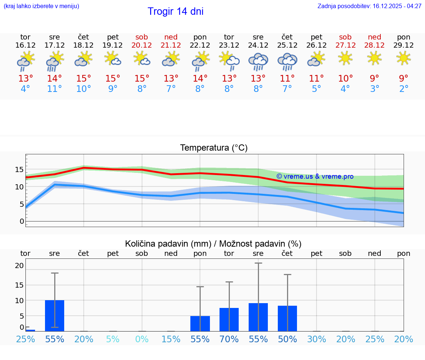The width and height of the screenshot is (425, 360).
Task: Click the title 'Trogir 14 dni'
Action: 175,11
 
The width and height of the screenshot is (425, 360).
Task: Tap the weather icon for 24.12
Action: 258,61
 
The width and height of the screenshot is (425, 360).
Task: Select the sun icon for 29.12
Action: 403,58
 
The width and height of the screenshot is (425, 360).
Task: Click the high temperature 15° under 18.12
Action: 83,79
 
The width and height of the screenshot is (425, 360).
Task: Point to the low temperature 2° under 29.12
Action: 404,89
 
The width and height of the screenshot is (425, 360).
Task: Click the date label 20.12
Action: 142,45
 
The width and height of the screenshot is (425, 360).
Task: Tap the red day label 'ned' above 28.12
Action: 374,37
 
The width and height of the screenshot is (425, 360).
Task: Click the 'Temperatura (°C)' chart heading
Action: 214,148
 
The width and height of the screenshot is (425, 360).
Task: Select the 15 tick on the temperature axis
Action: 19,169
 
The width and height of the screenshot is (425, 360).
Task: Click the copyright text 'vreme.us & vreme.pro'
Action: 315,176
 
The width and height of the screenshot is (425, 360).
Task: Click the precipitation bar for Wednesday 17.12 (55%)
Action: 55,316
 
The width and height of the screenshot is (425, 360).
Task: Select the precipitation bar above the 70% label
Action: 229,319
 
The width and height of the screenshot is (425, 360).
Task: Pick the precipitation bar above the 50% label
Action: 287,318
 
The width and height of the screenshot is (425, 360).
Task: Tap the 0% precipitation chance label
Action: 142,339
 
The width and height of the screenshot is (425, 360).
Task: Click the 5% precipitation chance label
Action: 113,339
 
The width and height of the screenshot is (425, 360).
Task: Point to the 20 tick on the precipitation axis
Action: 19,265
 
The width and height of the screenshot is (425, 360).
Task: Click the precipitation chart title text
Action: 213,244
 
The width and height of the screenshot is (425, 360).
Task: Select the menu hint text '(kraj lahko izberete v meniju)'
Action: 41,6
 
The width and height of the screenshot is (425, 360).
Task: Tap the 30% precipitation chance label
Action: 317,339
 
